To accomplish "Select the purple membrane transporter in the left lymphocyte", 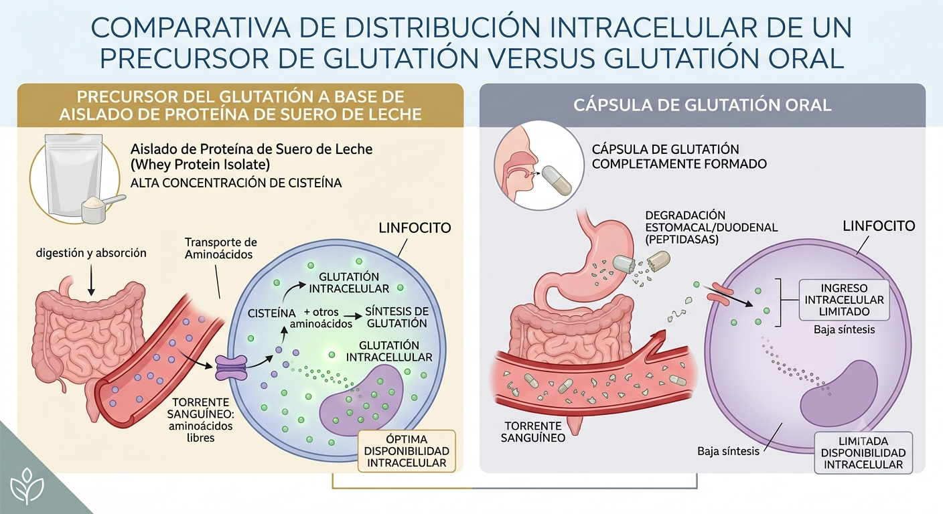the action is tap(231, 367).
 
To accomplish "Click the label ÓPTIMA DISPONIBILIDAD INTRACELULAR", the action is tap(407, 451).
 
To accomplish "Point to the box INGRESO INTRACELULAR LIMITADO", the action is tap(844, 300).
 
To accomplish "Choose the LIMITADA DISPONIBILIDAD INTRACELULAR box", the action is tap(863, 453).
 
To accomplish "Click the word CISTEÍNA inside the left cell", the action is tap(271, 313).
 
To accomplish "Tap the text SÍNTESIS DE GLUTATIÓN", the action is tap(396, 317).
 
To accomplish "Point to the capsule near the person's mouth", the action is tap(556, 179).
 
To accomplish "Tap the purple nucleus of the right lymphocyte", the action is tap(839, 394).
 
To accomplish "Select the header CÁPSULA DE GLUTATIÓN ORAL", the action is tap(702, 105).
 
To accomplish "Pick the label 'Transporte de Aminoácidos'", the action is tap(220, 248).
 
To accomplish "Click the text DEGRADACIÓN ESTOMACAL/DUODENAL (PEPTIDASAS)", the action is tap(711, 227).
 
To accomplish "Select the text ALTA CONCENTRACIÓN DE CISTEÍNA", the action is tap(236, 183).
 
